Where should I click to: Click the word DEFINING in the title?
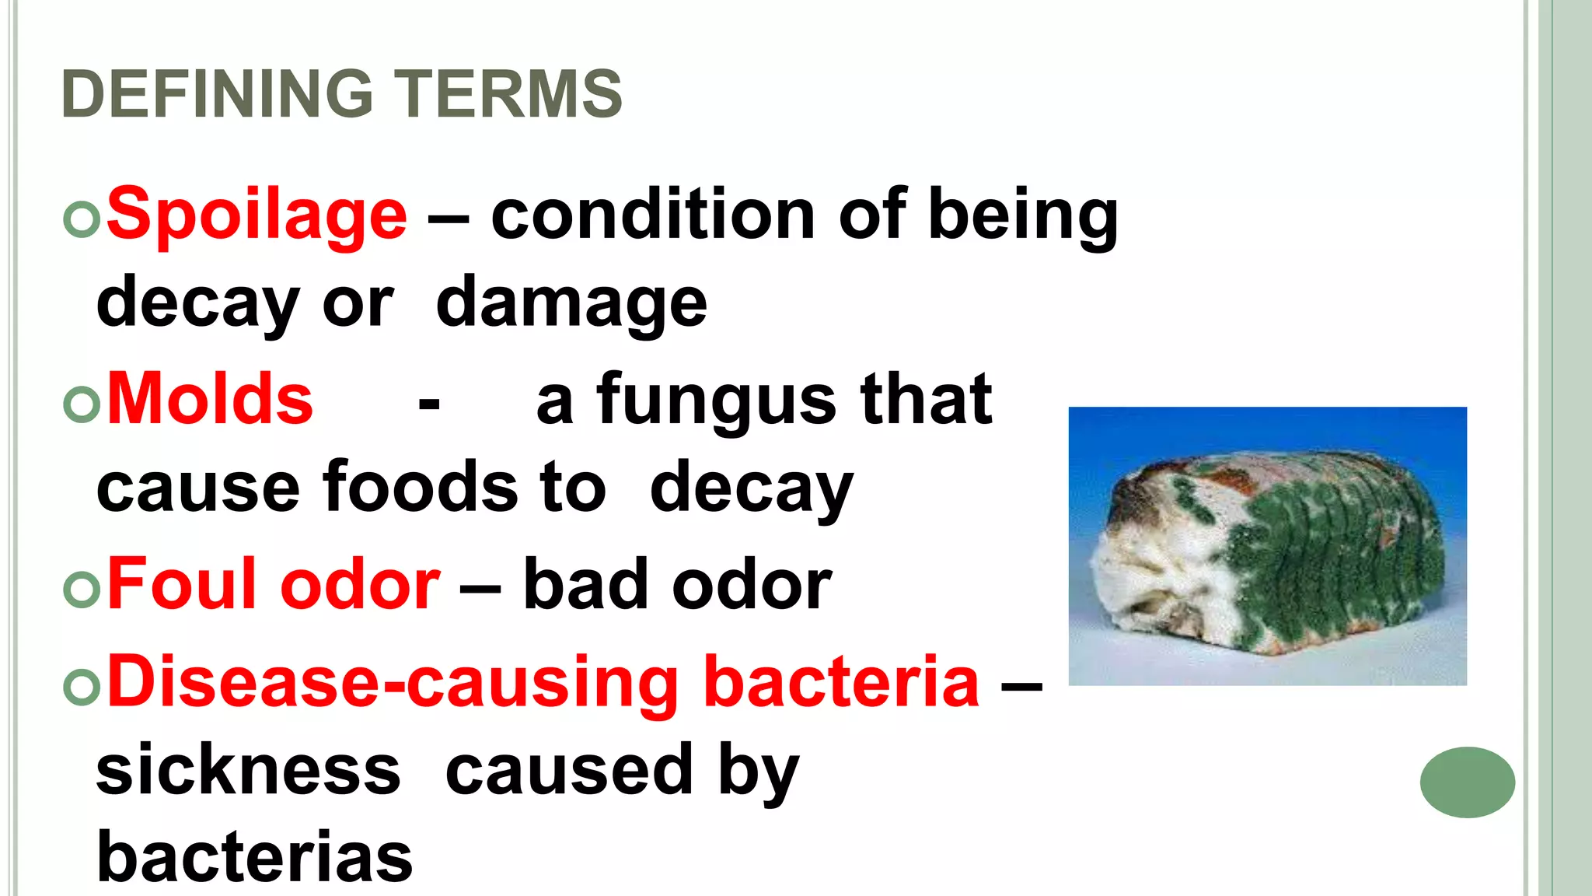tap(218, 94)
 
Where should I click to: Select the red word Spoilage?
tap(257, 215)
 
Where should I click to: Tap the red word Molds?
tap(210, 400)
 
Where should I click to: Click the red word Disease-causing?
tap(393, 682)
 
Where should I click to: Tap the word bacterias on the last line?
tap(254, 857)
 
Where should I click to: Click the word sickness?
tap(248, 770)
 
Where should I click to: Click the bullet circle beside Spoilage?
tap(82, 219)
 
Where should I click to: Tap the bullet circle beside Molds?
tap(82, 404)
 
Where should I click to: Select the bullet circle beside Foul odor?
tap(82, 589)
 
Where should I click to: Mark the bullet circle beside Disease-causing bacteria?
tap(82, 687)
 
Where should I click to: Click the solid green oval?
tap(1467, 782)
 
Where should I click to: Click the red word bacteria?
tap(841, 682)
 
